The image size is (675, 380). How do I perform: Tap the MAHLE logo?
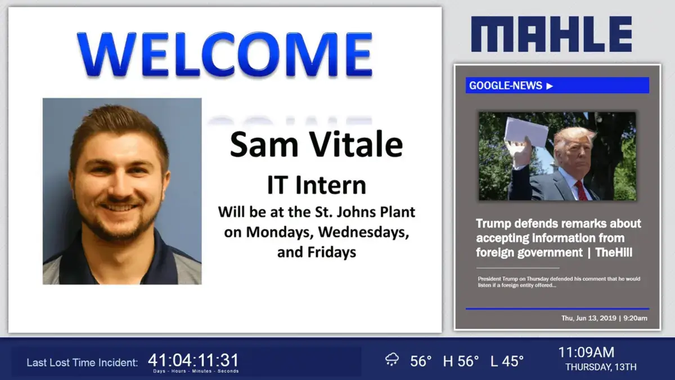[551, 34]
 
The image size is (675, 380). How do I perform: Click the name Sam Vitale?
[316, 145]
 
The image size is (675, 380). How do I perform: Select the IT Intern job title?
[316, 185]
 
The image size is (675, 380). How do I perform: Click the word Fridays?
[332, 252]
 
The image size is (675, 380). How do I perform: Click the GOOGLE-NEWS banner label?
[505, 86]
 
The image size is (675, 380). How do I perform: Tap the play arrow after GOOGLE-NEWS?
[550, 86]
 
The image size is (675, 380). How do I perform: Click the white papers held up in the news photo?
[526, 131]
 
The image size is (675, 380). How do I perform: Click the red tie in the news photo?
[580, 191]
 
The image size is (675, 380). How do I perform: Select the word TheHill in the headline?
[613, 253]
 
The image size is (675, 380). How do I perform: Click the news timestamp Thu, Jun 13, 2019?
[588, 318]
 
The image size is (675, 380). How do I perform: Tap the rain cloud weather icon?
[392, 360]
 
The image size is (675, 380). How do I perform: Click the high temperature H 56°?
[461, 361]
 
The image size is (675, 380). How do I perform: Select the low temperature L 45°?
[507, 361]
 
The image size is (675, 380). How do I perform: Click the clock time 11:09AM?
[586, 352]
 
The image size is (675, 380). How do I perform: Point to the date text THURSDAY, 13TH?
[601, 367]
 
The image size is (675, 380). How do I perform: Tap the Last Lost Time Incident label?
[82, 363]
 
